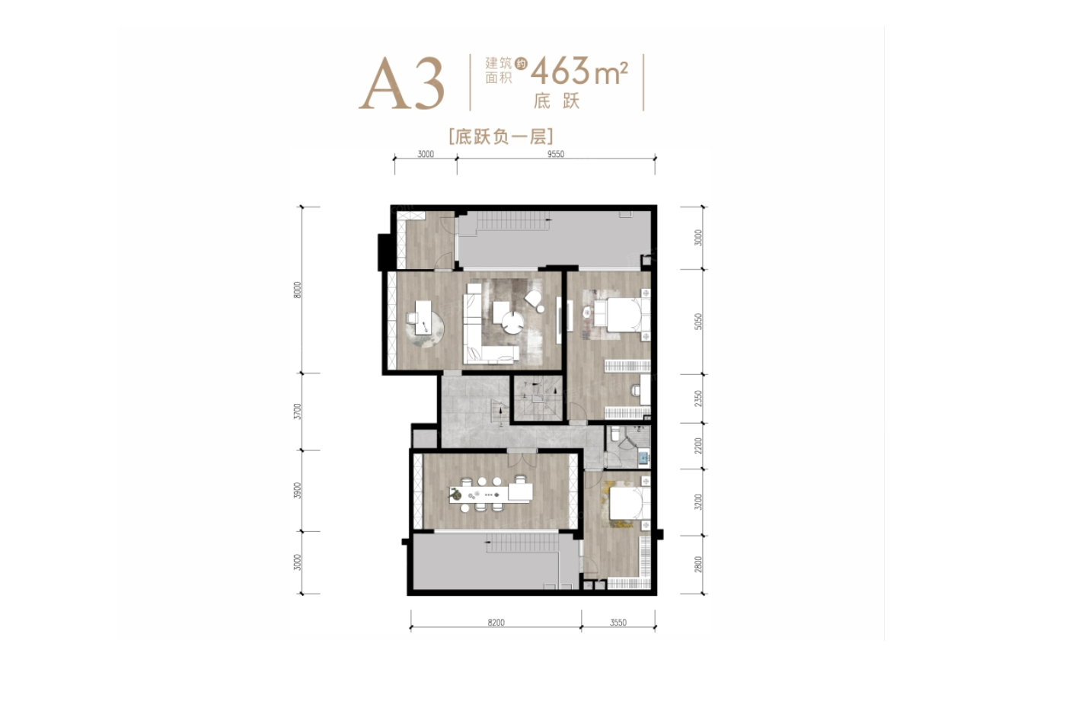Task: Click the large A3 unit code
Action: (401, 84)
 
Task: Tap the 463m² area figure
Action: (579, 72)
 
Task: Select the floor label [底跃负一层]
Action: (500, 136)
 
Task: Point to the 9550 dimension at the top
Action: (556, 154)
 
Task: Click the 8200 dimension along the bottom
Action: (496, 623)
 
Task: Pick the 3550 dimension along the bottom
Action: (618, 623)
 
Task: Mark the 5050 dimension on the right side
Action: (699, 321)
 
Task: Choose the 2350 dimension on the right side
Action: (699, 398)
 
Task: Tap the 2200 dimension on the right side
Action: (699, 445)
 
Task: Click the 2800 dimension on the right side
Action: (699, 564)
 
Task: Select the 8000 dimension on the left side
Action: (298, 290)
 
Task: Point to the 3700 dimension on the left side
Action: (298, 412)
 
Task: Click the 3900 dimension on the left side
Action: (298, 490)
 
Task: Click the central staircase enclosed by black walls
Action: (538, 399)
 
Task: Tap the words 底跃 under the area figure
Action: (557, 101)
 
